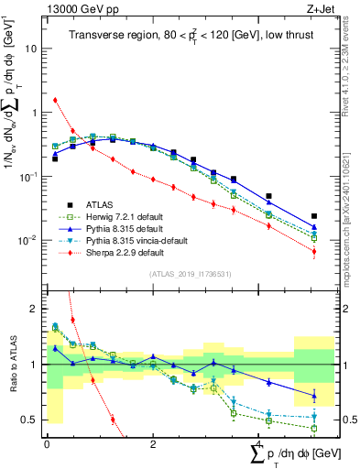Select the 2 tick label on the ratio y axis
pyautogui.click(x=37, y=309)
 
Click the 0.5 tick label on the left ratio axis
pyautogui.click(x=32, y=420)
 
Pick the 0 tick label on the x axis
pyautogui.click(x=47, y=443)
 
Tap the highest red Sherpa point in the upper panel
pyautogui.click(x=55, y=100)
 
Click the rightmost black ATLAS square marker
pyautogui.click(x=314, y=216)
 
